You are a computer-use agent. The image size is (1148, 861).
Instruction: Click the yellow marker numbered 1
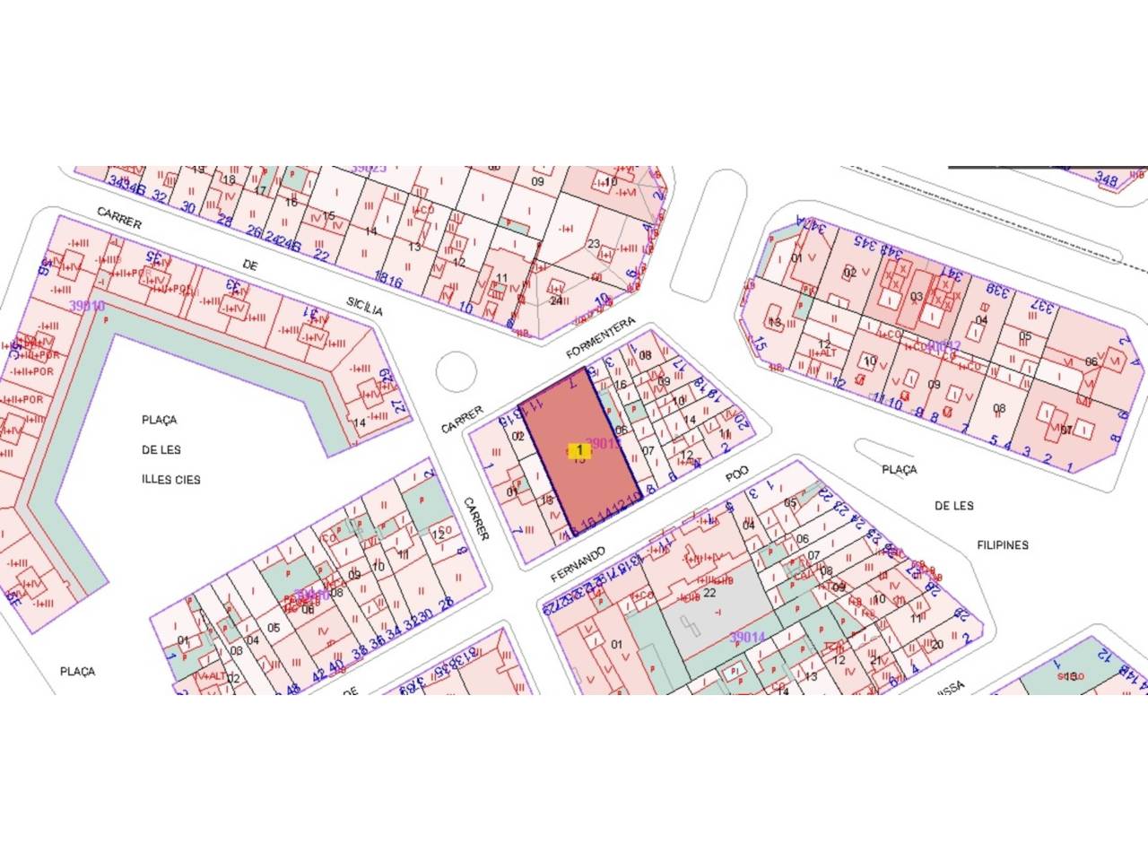[579, 449]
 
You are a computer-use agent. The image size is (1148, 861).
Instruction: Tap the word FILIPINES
[1003, 544]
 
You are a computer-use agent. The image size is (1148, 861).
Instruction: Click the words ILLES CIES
[171, 479]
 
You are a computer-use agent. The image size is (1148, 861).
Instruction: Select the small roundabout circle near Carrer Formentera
[455, 371]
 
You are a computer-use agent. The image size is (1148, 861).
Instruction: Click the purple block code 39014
[747, 637]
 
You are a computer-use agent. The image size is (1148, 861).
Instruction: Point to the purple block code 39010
[87, 306]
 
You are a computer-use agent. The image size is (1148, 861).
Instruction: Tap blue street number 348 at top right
[1107, 181]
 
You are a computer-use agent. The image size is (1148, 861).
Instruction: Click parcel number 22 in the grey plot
[709, 592]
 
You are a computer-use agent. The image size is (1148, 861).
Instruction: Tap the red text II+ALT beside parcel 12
[822, 352]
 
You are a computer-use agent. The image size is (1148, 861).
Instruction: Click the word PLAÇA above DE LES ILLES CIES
[160, 420]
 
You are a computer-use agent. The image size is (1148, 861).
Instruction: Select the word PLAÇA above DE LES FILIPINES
[899, 469]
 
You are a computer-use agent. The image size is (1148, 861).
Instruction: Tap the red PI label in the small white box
[734, 669]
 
